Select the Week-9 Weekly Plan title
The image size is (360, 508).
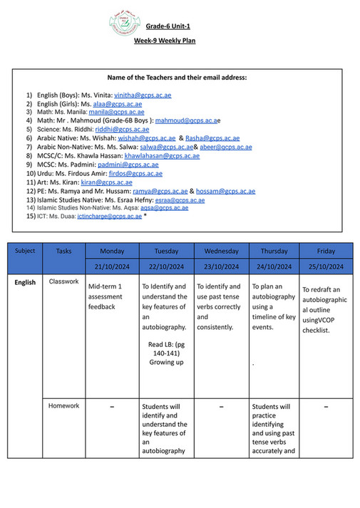(x=165, y=41)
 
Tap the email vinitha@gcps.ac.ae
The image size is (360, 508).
(x=143, y=95)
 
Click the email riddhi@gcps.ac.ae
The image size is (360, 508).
(x=122, y=130)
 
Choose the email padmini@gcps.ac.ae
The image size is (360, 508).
(x=128, y=165)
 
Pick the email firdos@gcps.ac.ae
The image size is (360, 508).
(x=135, y=173)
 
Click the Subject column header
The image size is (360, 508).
(x=25, y=251)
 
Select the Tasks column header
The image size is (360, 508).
(x=63, y=251)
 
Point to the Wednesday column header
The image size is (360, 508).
(x=221, y=252)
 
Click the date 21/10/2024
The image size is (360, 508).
(x=111, y=266)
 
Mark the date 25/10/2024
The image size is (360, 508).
(x=326, y=266)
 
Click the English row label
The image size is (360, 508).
(x=25, y=283)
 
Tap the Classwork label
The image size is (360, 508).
(x=63, y=281)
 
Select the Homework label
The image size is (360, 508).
(x=63, y=406)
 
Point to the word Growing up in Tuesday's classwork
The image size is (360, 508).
(x=165, y=361)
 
